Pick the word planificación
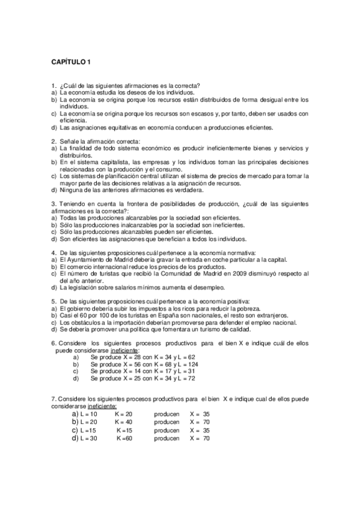coord(115,176)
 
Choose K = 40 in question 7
coord(124,422)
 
